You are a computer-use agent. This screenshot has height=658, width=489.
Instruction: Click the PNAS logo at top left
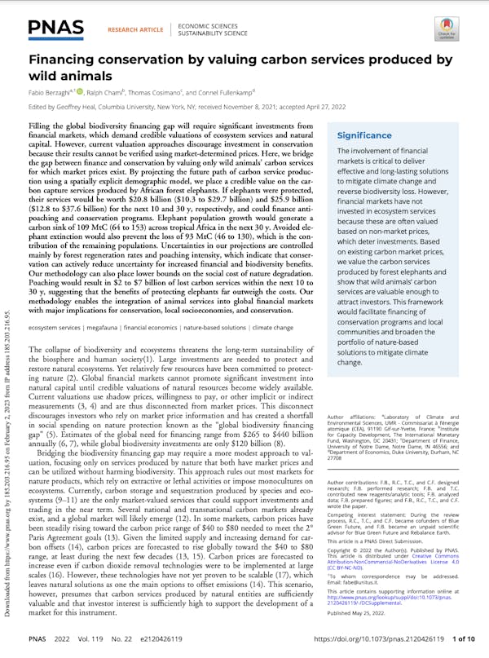coord(55,29)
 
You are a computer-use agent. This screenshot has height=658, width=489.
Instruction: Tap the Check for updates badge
coord(466,29)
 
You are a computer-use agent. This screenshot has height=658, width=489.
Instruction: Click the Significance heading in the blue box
coord(364,136)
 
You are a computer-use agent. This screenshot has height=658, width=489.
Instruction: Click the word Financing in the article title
coord(64,60)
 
